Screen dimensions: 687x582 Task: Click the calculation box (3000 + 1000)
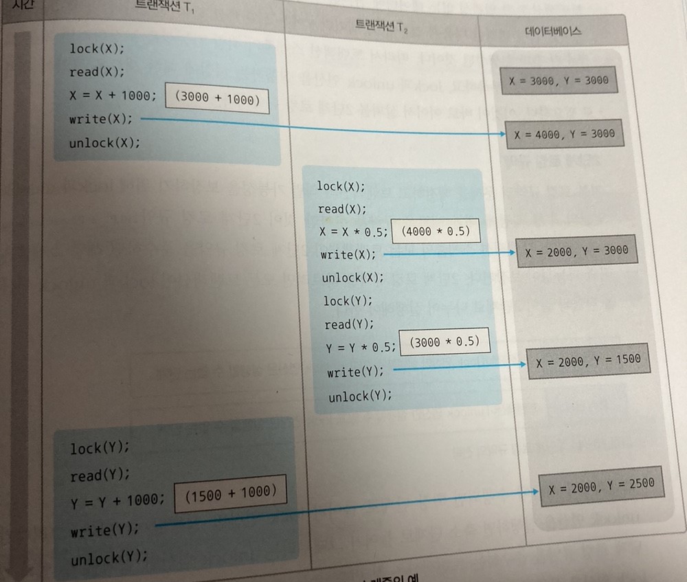[x=217, y=100]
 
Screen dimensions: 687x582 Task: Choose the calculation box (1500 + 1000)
[x=230, y=494]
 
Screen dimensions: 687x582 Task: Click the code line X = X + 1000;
[x=113, y=96]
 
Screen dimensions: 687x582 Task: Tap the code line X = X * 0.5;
[x=353, y=232]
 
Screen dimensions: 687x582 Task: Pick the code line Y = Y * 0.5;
[x=361, y=348]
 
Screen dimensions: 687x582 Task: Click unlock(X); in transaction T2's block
[x=352, y=278]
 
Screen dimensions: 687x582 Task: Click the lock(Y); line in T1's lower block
[x=100, y=449]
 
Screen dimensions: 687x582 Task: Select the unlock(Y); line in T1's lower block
[x=109, y=558]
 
